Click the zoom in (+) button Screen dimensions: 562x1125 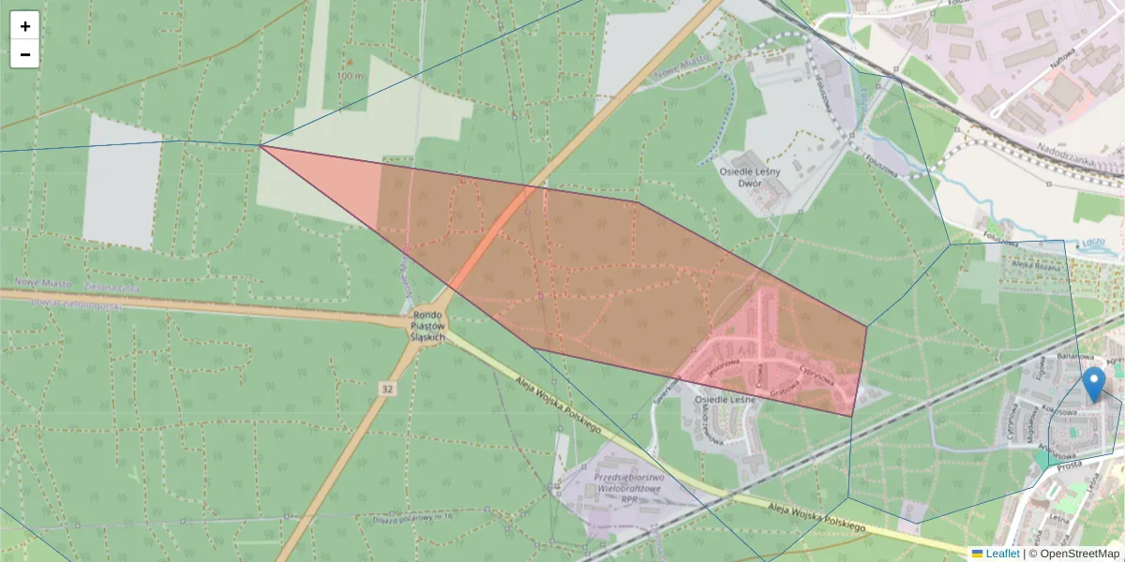(x=25, y=26)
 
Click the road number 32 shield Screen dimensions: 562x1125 (x=386, y=387)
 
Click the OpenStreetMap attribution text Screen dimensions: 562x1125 (x=1073, y=554)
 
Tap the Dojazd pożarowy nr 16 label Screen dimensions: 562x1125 (x=412, y=518)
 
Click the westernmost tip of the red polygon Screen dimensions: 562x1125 (x=262, y=146)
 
